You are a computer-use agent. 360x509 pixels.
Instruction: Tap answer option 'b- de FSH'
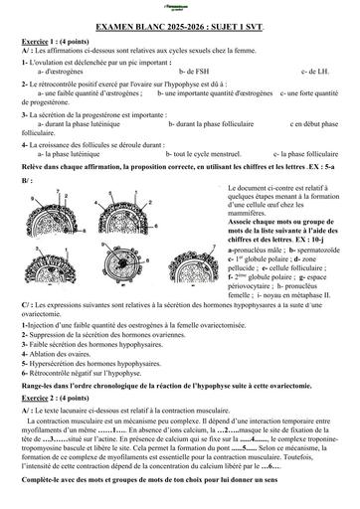pos(195,72)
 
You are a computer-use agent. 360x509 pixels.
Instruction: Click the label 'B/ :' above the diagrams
pos(26,180)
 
